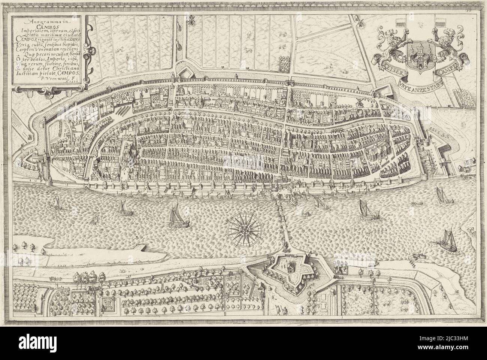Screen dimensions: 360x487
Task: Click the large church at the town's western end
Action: click(134, 152)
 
